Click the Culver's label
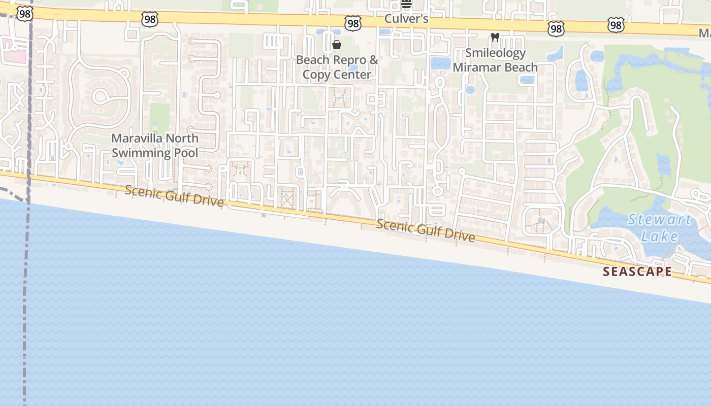(406, 19)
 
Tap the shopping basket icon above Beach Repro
(336, 45)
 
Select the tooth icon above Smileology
(495, 38)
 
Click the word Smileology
(495, 53)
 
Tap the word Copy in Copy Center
(315, 75)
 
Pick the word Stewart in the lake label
(659, 220)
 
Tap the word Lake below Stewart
(659, 236)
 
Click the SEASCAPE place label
(637, 272)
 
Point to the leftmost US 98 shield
(24, 14)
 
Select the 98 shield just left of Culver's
(352, 23)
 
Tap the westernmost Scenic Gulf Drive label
(174, 196)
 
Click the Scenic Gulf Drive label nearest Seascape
(426, 230)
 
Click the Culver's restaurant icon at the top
(406, 5)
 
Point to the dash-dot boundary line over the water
(24, 304)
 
